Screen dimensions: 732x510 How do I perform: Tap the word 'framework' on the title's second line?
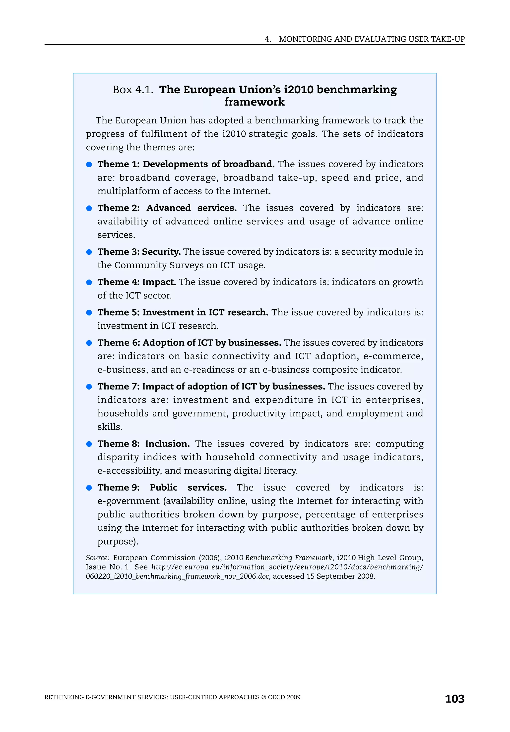(254, 102)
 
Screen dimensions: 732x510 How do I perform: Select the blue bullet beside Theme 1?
(89, 165)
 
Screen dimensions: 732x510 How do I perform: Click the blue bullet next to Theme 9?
(89, 488)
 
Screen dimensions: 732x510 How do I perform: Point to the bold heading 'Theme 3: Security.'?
(139, 252)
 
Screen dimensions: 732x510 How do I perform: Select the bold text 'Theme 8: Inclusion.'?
(143, 444)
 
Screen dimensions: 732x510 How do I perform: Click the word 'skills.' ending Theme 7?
(110, 427)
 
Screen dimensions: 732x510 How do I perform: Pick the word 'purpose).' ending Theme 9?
(118, 541)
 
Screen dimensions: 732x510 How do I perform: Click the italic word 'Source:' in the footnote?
(98, 558)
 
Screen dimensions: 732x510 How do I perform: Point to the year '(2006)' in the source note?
(210, 558)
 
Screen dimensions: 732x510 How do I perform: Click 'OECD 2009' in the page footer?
(284, 697)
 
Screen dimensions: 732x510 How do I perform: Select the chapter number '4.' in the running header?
(268, 39)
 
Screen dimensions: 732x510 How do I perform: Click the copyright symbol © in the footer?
(263, 697)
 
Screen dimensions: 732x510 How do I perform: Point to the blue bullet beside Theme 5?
(89, 313)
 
